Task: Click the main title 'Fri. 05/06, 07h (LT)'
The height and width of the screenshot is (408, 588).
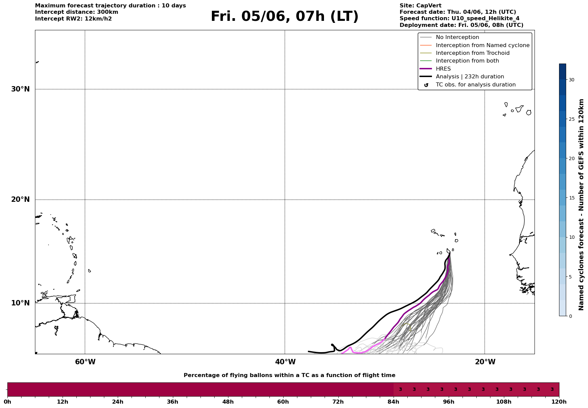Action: [285, 16]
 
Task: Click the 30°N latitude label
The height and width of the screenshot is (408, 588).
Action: [21, 89]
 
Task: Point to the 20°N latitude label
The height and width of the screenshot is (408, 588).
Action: [21, 199]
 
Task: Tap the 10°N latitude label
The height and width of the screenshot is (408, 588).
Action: [21, 303]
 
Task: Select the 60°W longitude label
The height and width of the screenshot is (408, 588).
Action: [85, 362]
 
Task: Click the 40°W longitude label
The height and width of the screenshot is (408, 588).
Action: [285, 362]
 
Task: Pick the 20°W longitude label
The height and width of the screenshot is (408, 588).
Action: [485, 362]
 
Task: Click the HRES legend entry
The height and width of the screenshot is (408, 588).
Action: [436, 69]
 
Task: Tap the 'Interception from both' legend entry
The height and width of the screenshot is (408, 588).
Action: [460, 61]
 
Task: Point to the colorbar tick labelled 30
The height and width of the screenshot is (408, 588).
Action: [572, 80]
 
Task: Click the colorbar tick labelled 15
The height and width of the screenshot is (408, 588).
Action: [572, 198]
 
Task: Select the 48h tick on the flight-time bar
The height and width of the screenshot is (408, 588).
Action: [228, 402]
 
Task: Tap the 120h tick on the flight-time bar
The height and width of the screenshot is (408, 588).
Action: [559, 402]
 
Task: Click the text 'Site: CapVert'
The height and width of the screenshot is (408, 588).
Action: [420, 6]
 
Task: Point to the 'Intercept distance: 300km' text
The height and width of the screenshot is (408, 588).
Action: [77, 12]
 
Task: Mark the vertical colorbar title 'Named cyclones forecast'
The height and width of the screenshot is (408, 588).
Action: [581, 205]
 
